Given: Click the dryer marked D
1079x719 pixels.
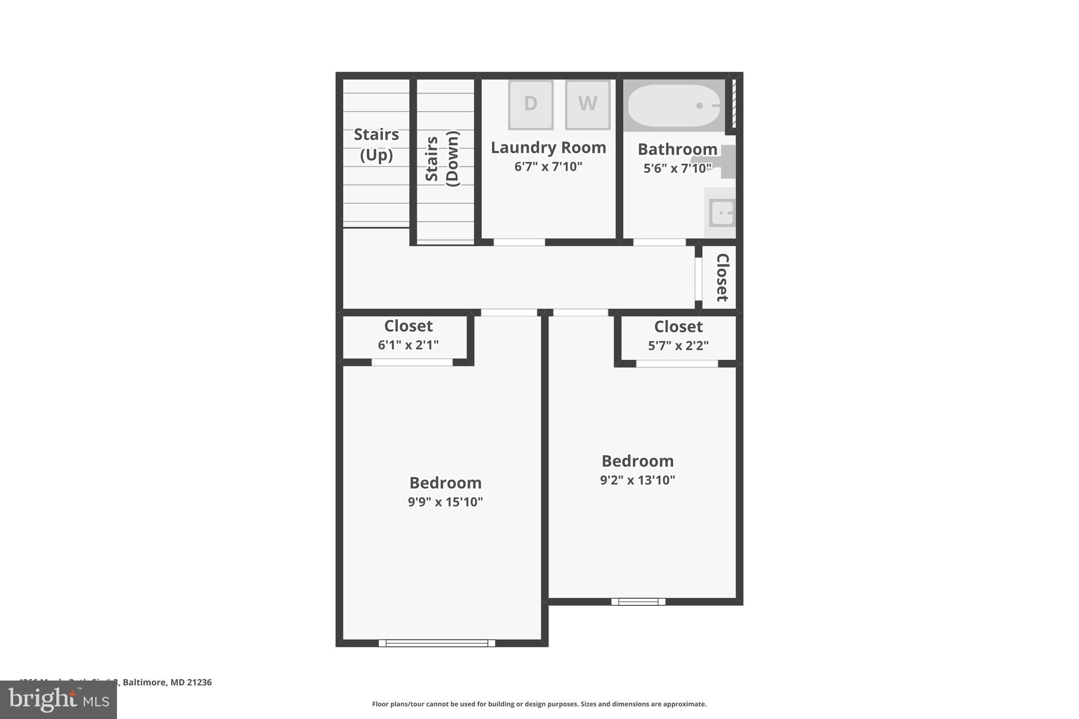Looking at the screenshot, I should click(x=531, y=104).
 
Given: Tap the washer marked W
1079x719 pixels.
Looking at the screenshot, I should click(x=587, y=104).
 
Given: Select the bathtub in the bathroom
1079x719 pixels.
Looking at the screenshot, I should click(x=674, y=106).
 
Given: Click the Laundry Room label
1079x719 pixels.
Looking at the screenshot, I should click(x=548, y=148).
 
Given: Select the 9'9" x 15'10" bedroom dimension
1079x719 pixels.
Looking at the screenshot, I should click(x=445, y=502).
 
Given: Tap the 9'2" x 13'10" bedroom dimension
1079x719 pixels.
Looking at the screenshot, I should click(x=637, y=480).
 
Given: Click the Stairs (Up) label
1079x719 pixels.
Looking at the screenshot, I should click(x=376, y=145).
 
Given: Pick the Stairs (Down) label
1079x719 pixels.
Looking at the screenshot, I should click(x=442, y=159).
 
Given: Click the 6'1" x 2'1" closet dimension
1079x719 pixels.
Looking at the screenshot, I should click(x=408, y=346).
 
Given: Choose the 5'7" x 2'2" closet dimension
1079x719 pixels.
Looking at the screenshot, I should click(x=678, y=346).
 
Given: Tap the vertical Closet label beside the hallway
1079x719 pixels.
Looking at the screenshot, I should click(x=722, y=278).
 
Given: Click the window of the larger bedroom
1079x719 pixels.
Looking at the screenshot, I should click(x=437, y=643).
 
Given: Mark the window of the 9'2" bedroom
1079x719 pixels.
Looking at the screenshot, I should click(x=638, y=602).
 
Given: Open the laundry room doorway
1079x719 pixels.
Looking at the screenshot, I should click(x=519, y=242).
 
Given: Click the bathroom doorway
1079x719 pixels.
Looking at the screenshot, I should click(x=659, y=242).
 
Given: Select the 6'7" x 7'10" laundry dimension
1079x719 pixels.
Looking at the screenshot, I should click(x=548, y=167).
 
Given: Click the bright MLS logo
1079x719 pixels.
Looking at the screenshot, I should click(x=58, y=700).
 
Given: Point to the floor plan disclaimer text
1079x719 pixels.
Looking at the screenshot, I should click(x=539, y=704).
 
